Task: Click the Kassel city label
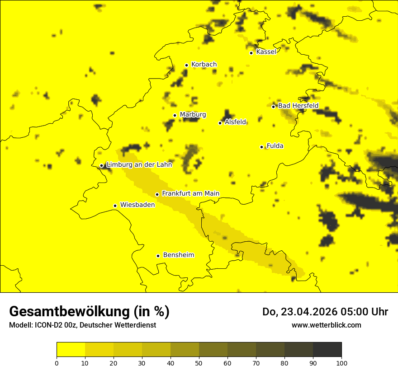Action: coord(266,52)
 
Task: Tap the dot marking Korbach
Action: coord(186,65)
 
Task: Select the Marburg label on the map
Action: coord(193,115)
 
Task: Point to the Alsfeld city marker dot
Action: coord(220,123)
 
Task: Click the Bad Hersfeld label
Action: coord(298,106)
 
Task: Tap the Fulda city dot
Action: coord(261,147)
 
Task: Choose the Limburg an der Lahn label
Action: coord(139,165)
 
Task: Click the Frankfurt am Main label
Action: coord(190,193)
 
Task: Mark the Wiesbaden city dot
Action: coord(115,206)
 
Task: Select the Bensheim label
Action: coord(178,255)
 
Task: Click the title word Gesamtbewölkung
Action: coord(70,311)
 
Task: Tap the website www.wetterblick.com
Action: coord(326,325)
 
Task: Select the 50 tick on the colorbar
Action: coord(199,362)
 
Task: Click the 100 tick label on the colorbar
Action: coord(341,362)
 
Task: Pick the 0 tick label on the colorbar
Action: coord(57,362)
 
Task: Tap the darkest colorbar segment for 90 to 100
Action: coord(327,350)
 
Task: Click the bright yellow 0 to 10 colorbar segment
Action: coord(71,350)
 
